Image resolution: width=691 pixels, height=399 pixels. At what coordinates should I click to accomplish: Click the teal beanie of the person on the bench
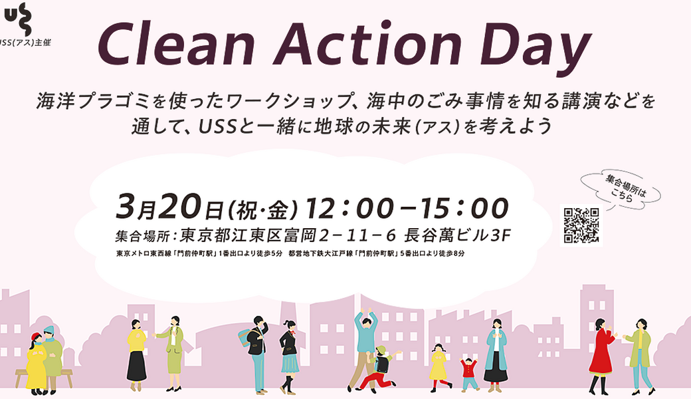click(49, 331)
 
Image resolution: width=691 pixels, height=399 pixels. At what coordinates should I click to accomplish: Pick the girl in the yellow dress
click(438, 365)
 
